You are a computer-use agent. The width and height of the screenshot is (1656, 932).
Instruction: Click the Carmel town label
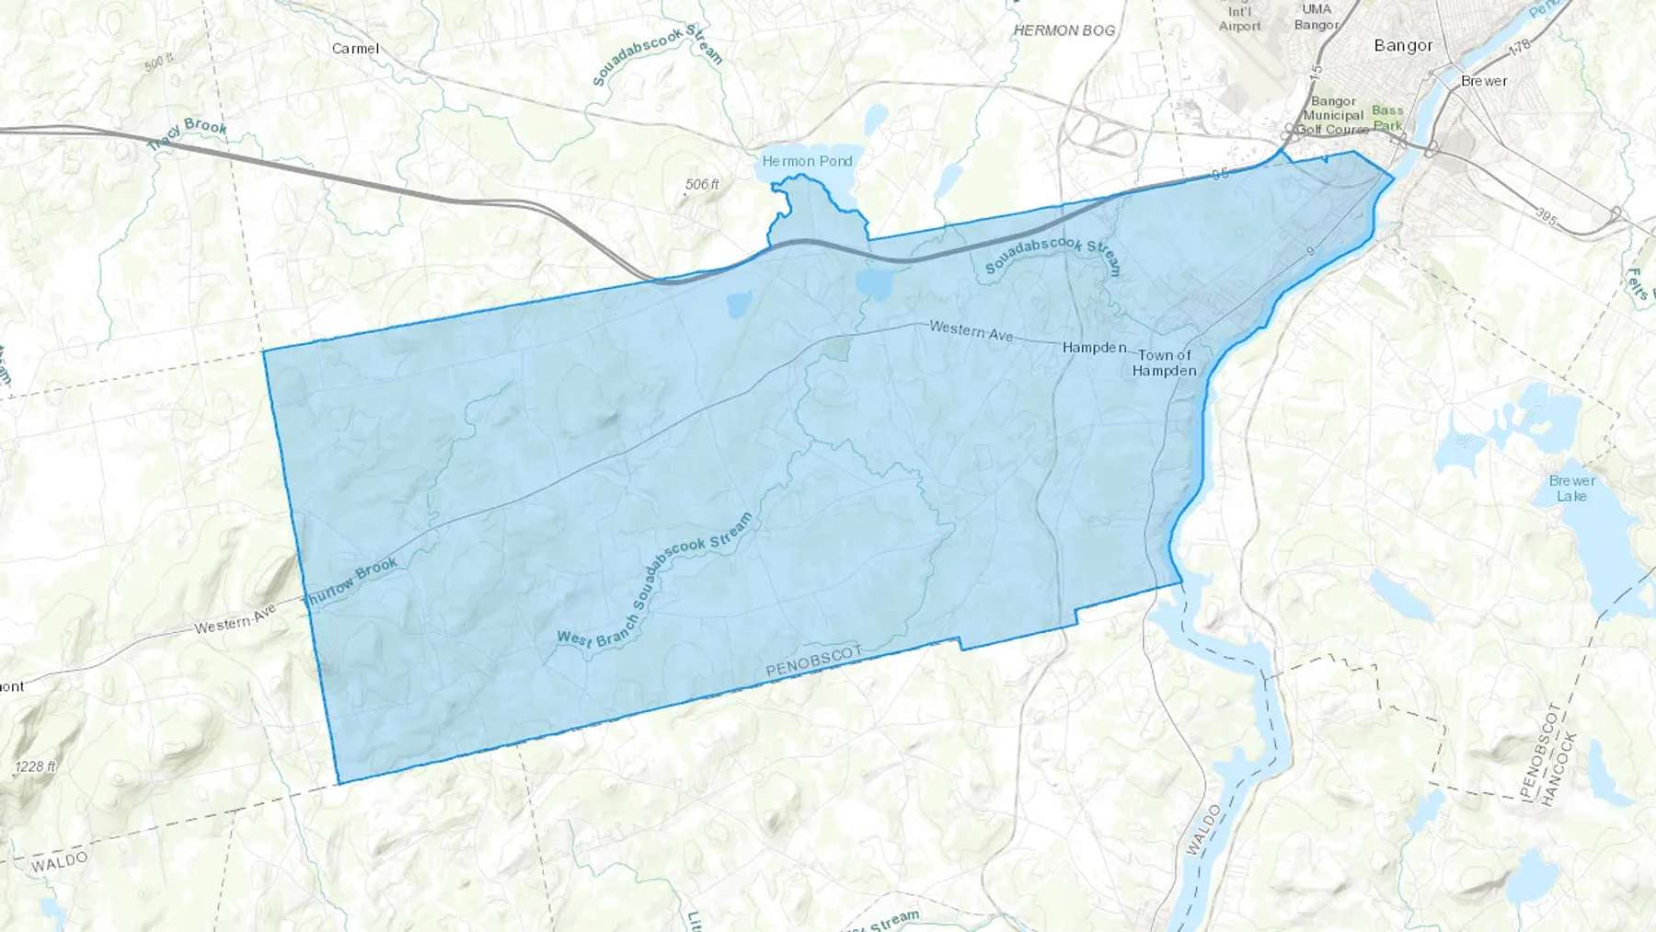coord(355,49)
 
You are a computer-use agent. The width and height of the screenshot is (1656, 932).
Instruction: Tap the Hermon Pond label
coord(807,161)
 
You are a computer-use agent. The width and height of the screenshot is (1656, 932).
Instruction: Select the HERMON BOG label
coord(1064,30)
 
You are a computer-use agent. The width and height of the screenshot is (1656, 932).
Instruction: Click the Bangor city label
coord(1403,45)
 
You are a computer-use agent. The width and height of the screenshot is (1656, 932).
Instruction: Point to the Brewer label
coord(1484,81)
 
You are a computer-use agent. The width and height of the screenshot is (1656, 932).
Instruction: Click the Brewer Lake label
coord(1571,489)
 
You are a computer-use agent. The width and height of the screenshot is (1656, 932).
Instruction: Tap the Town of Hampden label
coord(1164,362)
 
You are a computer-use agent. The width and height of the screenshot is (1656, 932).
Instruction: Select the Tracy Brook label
coord(188,134)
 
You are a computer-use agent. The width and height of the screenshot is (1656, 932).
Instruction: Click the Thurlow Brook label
coord(351,582)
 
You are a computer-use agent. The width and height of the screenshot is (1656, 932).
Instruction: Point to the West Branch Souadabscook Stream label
coord(655,581)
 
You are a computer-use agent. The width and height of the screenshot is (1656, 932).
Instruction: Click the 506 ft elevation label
coord(702,185)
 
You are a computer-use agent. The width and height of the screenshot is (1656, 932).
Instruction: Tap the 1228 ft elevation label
coord(35,766)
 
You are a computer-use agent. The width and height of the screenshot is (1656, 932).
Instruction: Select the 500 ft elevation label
coord(158,63)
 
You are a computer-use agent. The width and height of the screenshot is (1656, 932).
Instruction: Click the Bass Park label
coord(1387,118)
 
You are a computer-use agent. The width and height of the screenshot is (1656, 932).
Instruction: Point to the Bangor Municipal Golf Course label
coord(1333,115)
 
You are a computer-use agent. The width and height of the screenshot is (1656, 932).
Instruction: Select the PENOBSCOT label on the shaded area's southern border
coord(814,662)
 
